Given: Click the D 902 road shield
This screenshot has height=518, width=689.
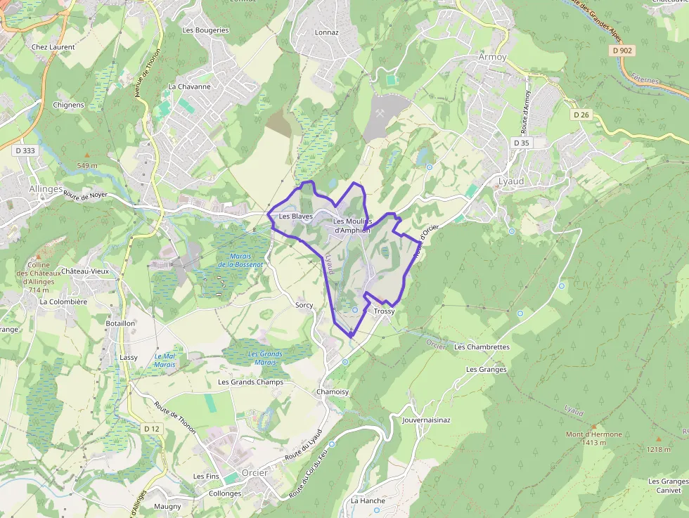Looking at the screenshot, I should click(x=622, y=51).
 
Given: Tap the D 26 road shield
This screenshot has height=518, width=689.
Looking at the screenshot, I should click(x=580, y=115).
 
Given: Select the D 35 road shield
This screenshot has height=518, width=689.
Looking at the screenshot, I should click(x=521, y=143).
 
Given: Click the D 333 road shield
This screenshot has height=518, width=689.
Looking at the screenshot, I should click(x=24, y=150).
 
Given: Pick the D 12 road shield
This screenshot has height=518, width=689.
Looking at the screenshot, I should click(x=151, y=428).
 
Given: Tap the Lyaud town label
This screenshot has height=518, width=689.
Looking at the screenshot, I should click(x=511, y=181).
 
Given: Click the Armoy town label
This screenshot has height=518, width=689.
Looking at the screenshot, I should click(x=492, y=56).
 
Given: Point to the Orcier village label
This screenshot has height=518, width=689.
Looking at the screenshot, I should click(x=255, y=472).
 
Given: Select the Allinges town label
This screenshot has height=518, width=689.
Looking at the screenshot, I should click(x=46, y=189).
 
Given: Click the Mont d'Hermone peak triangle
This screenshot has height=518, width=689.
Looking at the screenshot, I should click(x=593, y=426).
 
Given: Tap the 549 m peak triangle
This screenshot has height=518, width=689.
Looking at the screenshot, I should click(x=87, y=155).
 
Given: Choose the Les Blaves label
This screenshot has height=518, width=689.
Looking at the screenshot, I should click(x=295, y=216).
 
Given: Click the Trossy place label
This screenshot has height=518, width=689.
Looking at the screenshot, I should click(x=385, y=311).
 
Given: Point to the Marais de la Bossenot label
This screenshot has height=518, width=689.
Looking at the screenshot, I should click(x=240, y=260).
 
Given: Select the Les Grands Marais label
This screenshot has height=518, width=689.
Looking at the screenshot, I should click(x=265, y=358).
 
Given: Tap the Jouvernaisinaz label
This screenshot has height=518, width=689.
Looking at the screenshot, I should click(x=426, y=420).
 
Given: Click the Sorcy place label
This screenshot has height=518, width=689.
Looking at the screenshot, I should click(x=304, y=305).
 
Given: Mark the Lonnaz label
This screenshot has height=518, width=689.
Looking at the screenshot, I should click(x=327, y=32).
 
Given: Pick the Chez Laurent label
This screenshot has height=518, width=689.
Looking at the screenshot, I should click(x=53, y=47).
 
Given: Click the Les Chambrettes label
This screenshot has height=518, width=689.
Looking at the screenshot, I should click(x=482, y=347).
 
